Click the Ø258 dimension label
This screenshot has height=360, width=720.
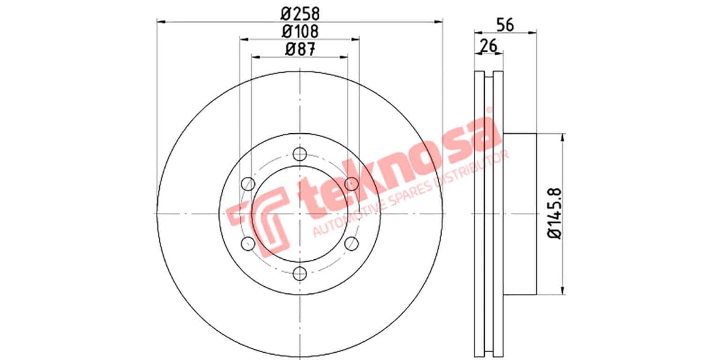point(299,12)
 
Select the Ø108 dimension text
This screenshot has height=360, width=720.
point(299,30)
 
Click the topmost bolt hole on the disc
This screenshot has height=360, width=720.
point(299,154)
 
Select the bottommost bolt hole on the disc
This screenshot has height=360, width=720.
point(299,274)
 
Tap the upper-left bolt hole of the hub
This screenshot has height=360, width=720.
point(247,184)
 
